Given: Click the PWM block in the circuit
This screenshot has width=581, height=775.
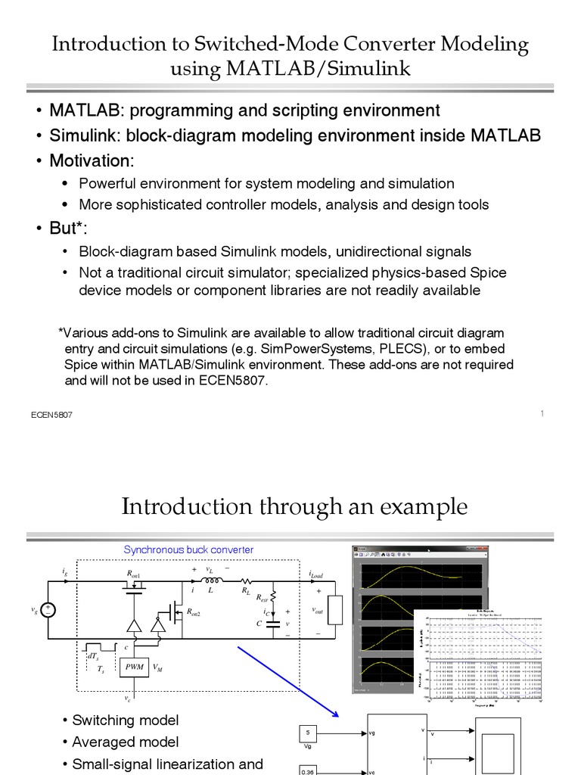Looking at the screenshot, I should [135, 667].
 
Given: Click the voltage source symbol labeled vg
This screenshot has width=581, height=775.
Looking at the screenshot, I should [48, 609].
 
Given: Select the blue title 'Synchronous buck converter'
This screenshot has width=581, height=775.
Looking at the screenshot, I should [188, 549].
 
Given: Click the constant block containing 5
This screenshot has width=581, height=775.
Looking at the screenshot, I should [307, 733].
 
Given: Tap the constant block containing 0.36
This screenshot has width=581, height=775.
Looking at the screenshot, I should [307, 770].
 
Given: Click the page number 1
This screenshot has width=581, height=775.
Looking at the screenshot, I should [542, 412].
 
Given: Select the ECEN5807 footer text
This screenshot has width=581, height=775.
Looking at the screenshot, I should [51, 416].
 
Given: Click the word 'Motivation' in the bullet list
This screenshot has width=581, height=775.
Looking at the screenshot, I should [90, 160].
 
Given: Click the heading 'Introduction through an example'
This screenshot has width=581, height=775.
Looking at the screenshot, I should [294, 506].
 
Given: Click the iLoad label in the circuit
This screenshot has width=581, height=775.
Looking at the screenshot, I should [315, 576].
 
